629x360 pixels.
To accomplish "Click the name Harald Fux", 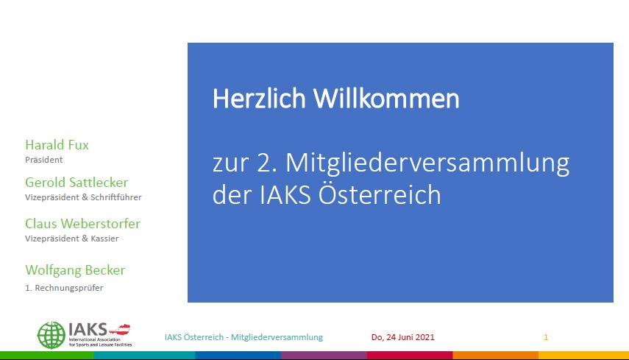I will pyautogui.click(x=57, y=145).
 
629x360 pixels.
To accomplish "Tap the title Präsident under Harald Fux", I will pyautogui.click(x=43, y=159).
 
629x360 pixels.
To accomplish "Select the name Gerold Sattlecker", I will pyautogui.click(x=76, y=183).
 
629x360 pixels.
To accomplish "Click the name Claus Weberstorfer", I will pyautogui.click(x=82, y=224).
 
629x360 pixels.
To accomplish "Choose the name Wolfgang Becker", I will pyautogui.click(x=75, y=270).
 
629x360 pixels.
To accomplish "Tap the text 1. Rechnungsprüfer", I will pyautogui.click(x=64, y=288).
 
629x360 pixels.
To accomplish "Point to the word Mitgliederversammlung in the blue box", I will pyautogui.click(x=427, y=163).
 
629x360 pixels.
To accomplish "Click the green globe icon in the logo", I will pyautogui.click(x=51, y=335).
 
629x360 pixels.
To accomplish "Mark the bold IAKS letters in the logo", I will pyautogui.click(x=88, y=328).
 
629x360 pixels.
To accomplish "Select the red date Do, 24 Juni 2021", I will pyautogui.click(x=403, y=337).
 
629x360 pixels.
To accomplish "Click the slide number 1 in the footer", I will pyautogui.click(x=546, y=337).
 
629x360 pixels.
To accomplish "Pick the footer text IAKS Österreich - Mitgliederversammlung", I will pyautogui.click(x=244, y=337).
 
